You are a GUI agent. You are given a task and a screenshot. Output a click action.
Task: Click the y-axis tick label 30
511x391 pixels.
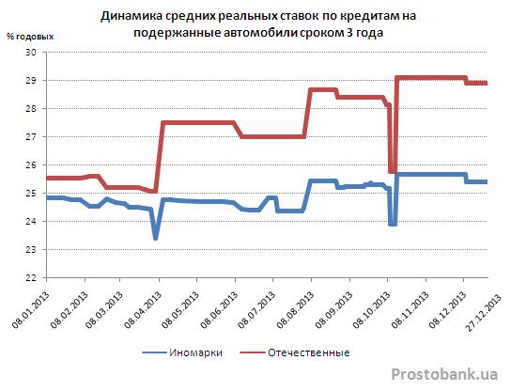point(31,53)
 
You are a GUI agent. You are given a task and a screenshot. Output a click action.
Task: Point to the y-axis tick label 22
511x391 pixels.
point(31,278)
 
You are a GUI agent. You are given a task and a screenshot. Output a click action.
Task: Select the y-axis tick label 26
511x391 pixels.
point(31,165)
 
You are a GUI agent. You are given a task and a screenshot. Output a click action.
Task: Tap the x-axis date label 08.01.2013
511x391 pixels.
point(30,309)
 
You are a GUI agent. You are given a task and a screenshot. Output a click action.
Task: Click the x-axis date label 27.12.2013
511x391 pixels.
point(484,312)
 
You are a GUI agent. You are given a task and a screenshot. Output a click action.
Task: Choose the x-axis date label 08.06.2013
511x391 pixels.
point(219,309)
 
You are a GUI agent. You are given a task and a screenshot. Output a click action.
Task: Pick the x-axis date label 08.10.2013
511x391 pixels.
point(371,309)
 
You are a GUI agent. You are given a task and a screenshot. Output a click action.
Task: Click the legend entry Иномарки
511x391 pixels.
point(196,352)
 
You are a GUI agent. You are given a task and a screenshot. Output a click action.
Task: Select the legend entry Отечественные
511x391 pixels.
point(309,352)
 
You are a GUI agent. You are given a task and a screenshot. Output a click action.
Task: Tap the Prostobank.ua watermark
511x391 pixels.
point(444,374)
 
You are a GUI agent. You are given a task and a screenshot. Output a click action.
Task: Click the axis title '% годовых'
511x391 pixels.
point(30,37)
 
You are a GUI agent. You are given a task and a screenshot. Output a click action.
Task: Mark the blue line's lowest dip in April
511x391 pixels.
point(155,238)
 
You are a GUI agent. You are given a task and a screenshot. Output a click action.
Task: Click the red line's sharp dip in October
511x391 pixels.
point(393,171)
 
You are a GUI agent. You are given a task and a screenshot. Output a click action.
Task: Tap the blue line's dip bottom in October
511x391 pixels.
point(393,224)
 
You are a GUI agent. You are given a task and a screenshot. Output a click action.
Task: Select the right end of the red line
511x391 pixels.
point(487,83)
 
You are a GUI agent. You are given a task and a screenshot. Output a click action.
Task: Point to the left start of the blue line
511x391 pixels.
point(47,197)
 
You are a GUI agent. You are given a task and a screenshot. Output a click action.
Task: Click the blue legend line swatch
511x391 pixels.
point(154,352)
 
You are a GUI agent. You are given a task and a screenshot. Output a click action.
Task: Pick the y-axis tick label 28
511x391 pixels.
point(31,109)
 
